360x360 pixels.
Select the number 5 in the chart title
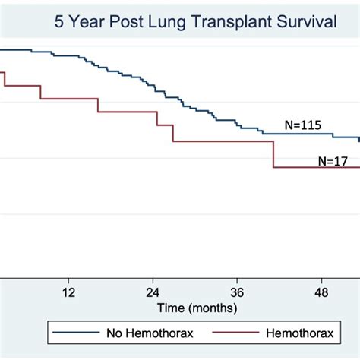tap(59, 22)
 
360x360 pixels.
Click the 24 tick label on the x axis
tap(153, 292)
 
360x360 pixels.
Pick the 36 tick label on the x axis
tap(237, 292)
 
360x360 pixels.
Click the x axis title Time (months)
tap(197, 308)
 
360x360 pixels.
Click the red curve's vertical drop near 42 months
tap(273, 154)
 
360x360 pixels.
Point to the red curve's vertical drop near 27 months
tap(173, 133)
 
